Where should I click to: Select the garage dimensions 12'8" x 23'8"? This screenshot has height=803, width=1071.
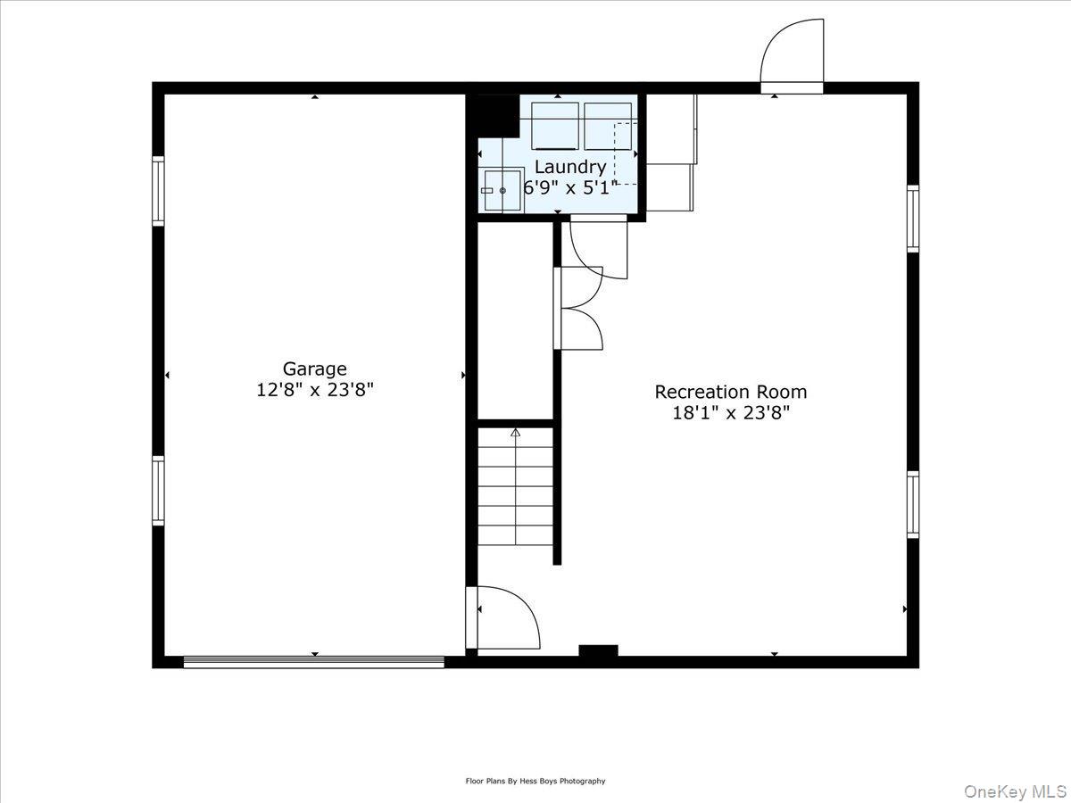(314, 390)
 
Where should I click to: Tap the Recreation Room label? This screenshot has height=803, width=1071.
(730, 392)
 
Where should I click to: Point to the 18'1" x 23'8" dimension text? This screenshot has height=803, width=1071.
(730, 413)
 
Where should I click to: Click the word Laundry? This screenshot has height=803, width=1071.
(569, 167)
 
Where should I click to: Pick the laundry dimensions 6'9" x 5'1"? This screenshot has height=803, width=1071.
(569, 188)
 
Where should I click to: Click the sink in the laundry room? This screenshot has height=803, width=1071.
(502, 190)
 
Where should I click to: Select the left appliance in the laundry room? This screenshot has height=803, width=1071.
(555, 126)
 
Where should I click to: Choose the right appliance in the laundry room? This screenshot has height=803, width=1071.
(608, 126)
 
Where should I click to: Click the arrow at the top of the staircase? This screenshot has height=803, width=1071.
(515, 433)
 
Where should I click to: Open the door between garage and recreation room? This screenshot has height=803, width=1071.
(504, 617)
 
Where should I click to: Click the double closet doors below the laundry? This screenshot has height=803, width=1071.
(578, 308)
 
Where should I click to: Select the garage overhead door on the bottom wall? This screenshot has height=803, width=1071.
(313, 662)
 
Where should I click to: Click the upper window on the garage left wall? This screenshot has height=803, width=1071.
(158, 190)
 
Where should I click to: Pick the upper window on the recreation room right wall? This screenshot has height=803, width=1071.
(913, 219)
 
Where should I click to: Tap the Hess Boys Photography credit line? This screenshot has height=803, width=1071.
(535, 781)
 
